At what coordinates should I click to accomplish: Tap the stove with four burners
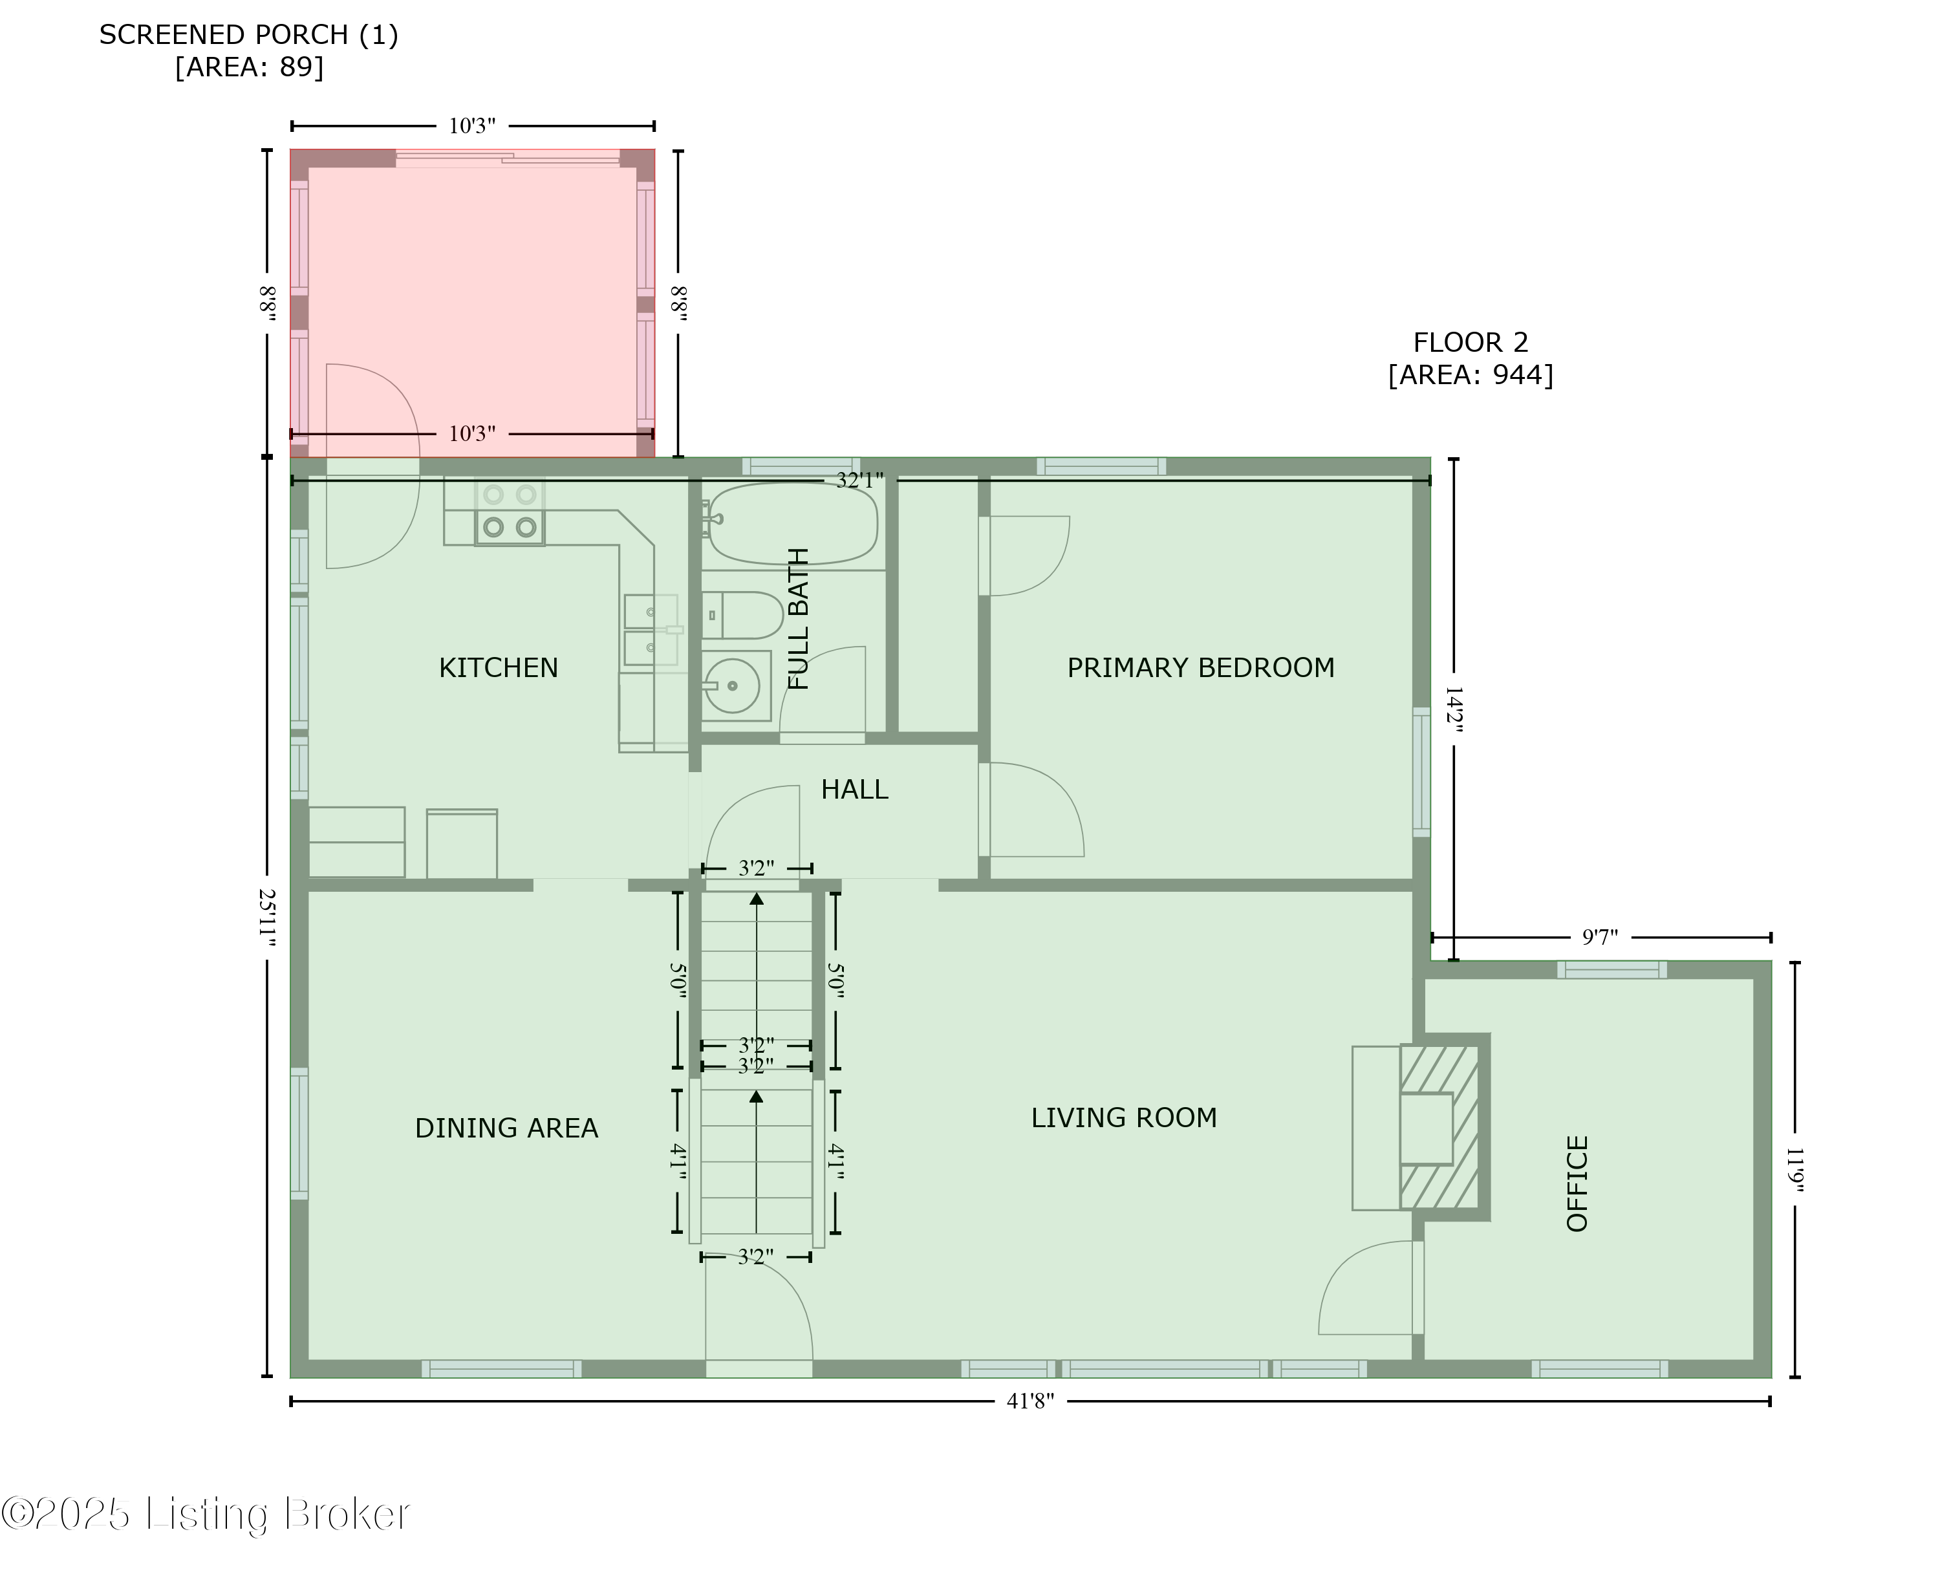510,512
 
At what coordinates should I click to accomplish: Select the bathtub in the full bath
792,524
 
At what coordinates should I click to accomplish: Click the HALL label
854,789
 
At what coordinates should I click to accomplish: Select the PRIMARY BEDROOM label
1200,667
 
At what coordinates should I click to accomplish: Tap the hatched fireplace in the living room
1439,1128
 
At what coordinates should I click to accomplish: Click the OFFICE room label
1578,1183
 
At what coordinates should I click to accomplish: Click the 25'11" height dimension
266,918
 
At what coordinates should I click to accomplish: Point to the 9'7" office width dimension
1599,937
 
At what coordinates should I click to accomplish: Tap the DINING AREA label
507,1128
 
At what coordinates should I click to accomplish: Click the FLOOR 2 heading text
1470,342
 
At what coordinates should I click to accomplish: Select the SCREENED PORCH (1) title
248,35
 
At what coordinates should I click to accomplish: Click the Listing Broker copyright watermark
206,1514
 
